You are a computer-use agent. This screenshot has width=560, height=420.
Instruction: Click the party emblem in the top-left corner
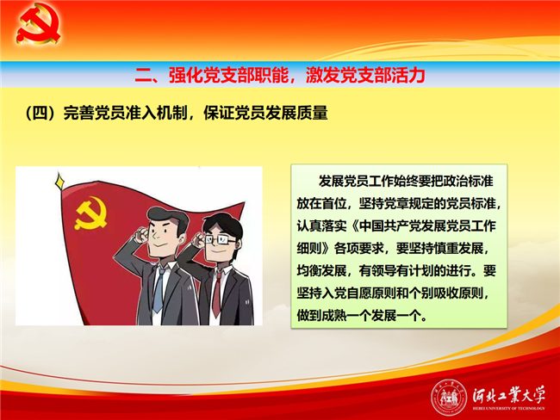[x=39, y=24]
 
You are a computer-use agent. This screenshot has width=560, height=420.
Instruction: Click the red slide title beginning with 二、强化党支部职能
[x=280, y=75]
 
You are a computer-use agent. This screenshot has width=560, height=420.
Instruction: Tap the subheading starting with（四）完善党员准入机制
[x=177, y=113]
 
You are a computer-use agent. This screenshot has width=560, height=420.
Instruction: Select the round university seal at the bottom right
[x=449, y=397]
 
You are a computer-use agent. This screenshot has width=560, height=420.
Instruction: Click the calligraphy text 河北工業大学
[x=508, y=395]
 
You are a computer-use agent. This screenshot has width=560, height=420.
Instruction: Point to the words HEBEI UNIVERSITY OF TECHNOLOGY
[x=509, y=408]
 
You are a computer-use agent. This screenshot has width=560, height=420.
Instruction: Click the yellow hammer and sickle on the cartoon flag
[x=90, y=213]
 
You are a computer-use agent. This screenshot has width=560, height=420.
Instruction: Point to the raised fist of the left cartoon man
[x=142, y=235]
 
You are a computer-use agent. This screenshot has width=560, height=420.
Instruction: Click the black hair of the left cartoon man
[x=167, y=218]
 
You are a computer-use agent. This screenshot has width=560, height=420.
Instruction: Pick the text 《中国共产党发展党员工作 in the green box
[x=423, y=225]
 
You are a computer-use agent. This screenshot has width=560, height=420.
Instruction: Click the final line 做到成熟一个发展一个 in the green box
[x=362, y=316]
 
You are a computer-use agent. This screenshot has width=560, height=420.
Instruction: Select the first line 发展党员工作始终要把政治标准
[x=406, y=181]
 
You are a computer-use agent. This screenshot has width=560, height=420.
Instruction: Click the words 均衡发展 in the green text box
[x=321, y=271]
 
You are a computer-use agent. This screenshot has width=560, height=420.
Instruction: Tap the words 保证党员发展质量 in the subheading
[x=265, y=113]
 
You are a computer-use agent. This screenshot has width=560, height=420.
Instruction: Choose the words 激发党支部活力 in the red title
[x=365, y=75]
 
